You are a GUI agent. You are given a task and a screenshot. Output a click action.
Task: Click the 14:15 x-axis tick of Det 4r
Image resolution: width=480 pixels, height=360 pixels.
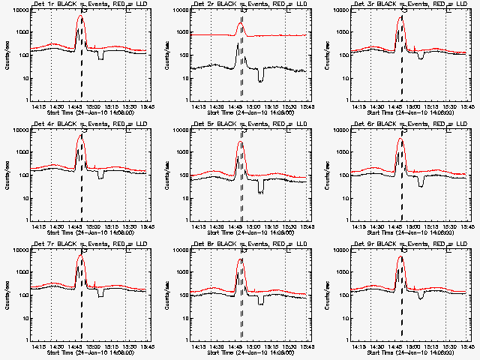click(x=35, y=226)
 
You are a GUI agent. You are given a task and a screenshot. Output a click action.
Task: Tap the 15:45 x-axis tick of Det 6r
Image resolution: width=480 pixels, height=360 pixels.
click(x=466, y=226)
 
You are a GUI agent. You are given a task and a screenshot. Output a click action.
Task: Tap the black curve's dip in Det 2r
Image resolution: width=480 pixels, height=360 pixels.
click(x=260, y=79)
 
